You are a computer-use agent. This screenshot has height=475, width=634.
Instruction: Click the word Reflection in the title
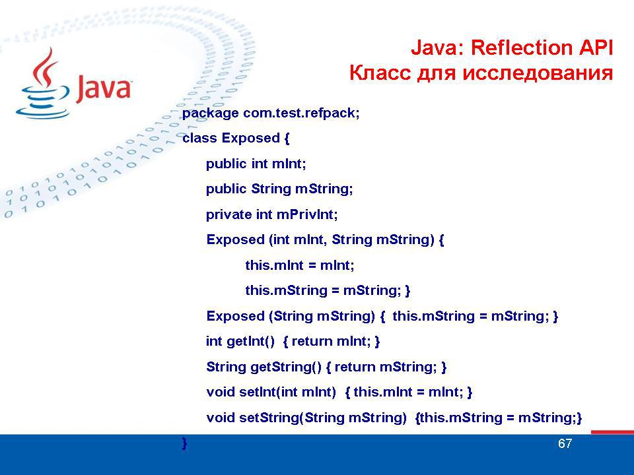522,47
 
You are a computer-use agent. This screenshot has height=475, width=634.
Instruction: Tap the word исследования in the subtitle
538,73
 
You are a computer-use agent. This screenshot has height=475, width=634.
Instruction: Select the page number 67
565,443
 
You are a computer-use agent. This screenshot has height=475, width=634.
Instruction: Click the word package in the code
210,113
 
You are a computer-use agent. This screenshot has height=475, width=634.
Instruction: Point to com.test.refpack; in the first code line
301,113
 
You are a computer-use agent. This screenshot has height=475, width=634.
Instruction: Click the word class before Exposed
199,138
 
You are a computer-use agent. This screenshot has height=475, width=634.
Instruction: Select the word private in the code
229,214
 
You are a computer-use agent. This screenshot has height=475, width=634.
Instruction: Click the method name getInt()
251,341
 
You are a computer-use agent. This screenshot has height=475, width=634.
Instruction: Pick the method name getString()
286,367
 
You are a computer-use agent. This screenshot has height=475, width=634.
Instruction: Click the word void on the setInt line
221,392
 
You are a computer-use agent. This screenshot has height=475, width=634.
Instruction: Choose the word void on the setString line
221,418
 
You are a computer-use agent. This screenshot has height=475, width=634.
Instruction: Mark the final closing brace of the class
185,443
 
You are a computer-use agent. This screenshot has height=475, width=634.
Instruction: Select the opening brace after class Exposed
287,139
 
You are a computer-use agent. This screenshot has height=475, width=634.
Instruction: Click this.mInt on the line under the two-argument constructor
274,265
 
